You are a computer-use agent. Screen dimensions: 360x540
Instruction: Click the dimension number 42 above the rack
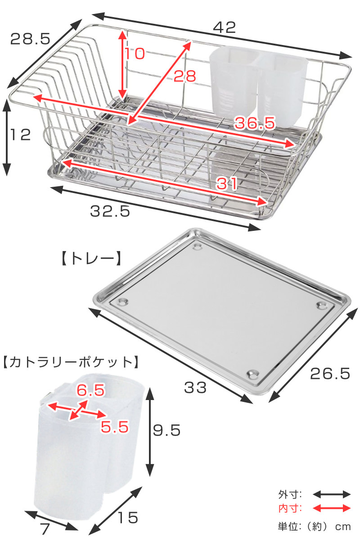coord(224,27)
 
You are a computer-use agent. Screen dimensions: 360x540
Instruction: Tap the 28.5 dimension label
coord(31,39)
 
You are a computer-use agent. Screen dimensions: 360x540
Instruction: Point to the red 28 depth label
coord(185,76)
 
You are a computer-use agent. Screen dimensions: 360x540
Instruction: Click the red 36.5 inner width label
coord(255,122)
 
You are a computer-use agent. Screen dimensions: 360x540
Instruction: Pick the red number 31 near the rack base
coord(227,184)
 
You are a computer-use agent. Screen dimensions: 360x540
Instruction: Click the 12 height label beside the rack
coord(21,135)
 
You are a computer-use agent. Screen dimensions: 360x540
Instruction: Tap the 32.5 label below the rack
coord(110,211)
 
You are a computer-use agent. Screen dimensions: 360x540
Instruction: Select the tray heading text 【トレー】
coord(91,259)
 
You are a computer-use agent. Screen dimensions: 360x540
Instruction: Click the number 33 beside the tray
coord(195,387)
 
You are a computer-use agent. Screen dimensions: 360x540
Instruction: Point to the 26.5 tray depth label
coord(330,373)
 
